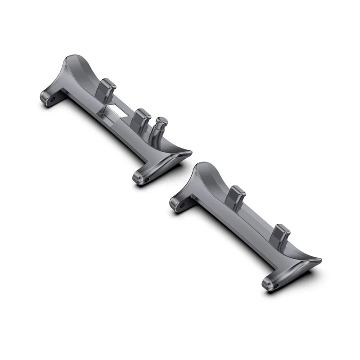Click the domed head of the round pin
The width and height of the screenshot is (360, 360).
click(160, 121)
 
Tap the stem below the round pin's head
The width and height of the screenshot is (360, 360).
click(157, 133)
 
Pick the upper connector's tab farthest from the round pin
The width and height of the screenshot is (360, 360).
click(107, 87)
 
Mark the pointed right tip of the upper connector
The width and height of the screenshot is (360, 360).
click(189, 153)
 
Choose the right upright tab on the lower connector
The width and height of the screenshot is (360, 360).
click(282, 234)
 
